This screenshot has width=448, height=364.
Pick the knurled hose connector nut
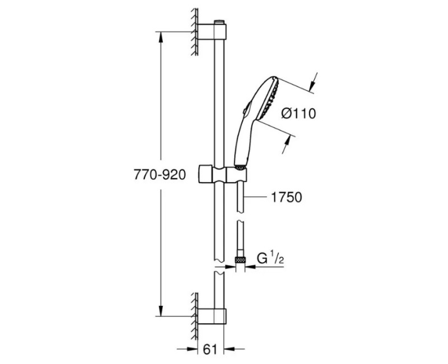click(241, 259)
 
